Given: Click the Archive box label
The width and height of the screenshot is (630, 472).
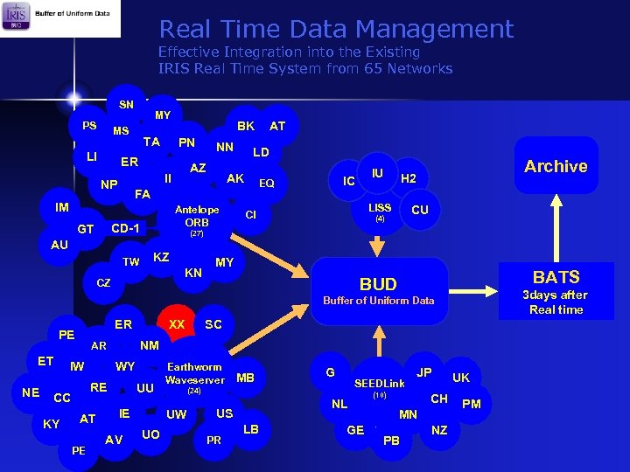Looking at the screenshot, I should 556,166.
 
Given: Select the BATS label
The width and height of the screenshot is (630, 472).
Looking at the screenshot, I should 556,277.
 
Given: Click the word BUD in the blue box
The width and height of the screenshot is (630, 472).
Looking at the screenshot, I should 378,284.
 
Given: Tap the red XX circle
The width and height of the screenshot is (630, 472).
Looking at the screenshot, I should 177,324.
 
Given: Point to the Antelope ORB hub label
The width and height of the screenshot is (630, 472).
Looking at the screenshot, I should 197,216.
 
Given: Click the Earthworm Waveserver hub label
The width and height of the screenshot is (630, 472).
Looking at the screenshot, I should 194,373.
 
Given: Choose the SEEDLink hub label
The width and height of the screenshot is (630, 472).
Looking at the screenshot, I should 379,384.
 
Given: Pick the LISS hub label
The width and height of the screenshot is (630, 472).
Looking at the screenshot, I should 380,208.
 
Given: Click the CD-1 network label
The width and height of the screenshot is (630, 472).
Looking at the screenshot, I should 126,228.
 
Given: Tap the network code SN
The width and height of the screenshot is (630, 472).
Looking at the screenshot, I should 127,105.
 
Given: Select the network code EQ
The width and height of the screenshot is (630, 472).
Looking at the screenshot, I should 267,184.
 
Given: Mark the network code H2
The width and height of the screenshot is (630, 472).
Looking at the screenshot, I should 408,178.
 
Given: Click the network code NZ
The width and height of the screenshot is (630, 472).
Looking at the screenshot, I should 439,430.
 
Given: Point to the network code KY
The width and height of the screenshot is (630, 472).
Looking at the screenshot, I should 52,424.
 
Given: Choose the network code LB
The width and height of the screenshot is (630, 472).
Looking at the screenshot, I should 251,428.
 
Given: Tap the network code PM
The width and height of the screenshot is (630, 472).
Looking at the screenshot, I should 472,404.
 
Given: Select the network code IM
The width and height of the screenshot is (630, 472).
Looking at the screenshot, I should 62,207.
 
